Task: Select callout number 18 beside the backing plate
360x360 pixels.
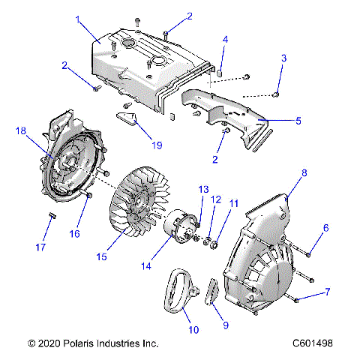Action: [x=20, y=130]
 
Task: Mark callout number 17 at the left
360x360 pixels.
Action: [x=42, y=247]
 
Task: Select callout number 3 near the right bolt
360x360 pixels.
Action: [x=283, y=58]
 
